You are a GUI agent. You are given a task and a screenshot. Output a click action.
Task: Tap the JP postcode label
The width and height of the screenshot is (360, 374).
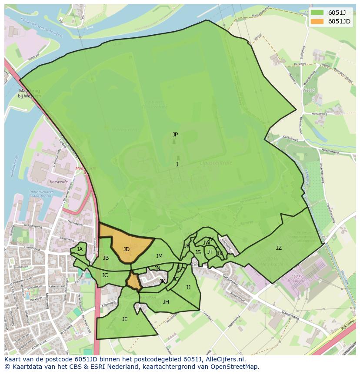coord(175,135)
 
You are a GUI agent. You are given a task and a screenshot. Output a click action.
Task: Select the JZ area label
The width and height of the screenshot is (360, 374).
coord(279,248)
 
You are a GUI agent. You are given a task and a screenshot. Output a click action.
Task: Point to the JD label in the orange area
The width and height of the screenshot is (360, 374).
coord(126,249)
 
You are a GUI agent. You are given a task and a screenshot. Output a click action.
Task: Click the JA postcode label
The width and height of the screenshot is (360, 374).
coord(80,249)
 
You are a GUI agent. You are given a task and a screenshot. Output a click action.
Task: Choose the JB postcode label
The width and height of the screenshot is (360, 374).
coord(106,258)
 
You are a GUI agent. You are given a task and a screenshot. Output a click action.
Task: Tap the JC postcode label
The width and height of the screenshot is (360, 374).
coord(105,275)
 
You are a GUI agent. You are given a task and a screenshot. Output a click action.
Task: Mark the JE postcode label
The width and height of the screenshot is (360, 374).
coord(125,319)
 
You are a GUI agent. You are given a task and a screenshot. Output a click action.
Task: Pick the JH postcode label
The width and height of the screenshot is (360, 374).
coord(166,302)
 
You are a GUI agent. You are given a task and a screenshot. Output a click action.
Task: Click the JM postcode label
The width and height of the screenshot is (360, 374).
coord(159,256)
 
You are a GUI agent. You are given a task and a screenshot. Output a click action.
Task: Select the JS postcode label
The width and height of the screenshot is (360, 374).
coord(198,252)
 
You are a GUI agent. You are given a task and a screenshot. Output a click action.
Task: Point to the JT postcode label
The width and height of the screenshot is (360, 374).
coord(210,252)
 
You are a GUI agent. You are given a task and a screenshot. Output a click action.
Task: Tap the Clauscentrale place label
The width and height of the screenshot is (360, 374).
coord(216,163)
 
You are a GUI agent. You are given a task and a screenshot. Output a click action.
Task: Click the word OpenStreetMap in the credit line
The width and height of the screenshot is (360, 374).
coord(237,367)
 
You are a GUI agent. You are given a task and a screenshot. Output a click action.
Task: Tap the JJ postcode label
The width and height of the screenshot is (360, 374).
coord(188,288)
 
